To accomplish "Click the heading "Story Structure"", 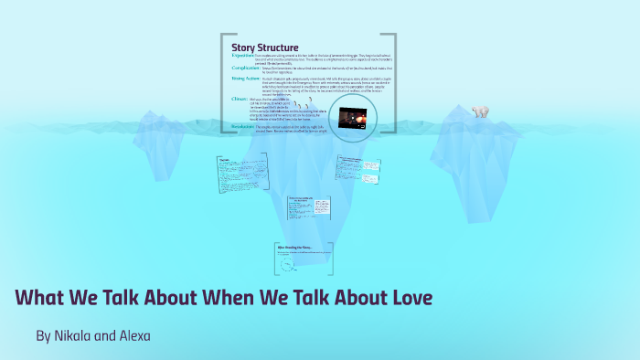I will pyautogui.click(x=264, y=48).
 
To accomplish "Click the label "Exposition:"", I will pyautogui.click(x=246, y=56).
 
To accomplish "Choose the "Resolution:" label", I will pyautogui.click(x=246, y=127).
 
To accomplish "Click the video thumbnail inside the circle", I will pyautogui.click(x=352, y=119).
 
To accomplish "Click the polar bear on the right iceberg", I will pyautogui.click(x=479, y=111).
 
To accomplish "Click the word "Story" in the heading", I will pyautogui.click(x=245, y=48).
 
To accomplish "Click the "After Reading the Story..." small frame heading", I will pyautogui.click(x=294, y=247).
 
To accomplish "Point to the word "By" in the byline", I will pyautogui.click(x=43, y=336).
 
